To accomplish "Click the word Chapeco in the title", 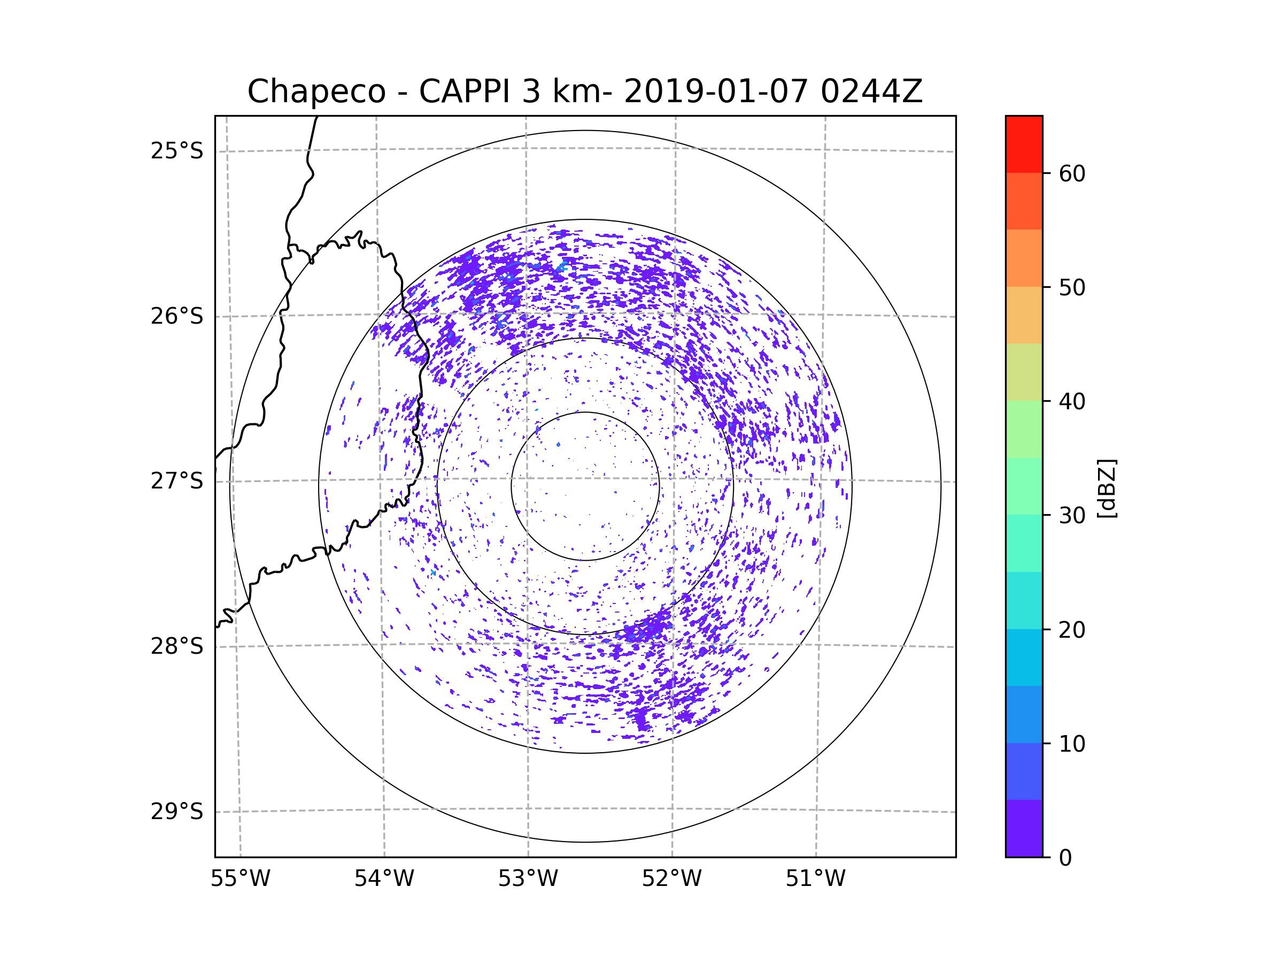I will pyautogui.click(x=316, y=91).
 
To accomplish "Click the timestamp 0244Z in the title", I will pyautogui.click(x=871, y=91).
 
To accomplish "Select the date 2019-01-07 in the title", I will pyautogui.click(x=716, y=91).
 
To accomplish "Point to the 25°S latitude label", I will pyautogui.click(x=177, y=151).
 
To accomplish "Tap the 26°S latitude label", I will pyautogui.click(x=177, y=316).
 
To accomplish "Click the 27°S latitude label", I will pyautogui.click(x=177, y=481).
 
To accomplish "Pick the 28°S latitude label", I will pyautogui.click(x=177, y=646).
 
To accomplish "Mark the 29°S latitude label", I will pyautogui.click(x=177, y=812).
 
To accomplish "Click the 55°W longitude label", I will pyautogui.click(x=240, y=879).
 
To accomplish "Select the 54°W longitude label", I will pyautogui.click(x=384, y=879).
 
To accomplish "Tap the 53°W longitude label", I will pyautogui.click(x=528, y=879).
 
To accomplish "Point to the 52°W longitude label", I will pyautogui.click(x=671, y=879).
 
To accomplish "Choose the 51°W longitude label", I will pyautogui.click(x=815, y=879).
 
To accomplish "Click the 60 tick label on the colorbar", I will pyautogui.click(x=1072, y=173).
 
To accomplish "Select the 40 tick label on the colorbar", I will pyautogui.click(x=1072, y=402).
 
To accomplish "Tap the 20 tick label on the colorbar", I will pyautogui.click(x=1072, y=630).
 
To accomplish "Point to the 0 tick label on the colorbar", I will pyautogui.click(x=1065, y=858).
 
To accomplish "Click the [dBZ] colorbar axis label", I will pyautogui.click(x=1107, y=488).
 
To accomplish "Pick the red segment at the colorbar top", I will pyautogui.click(x=1024, y=144).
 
